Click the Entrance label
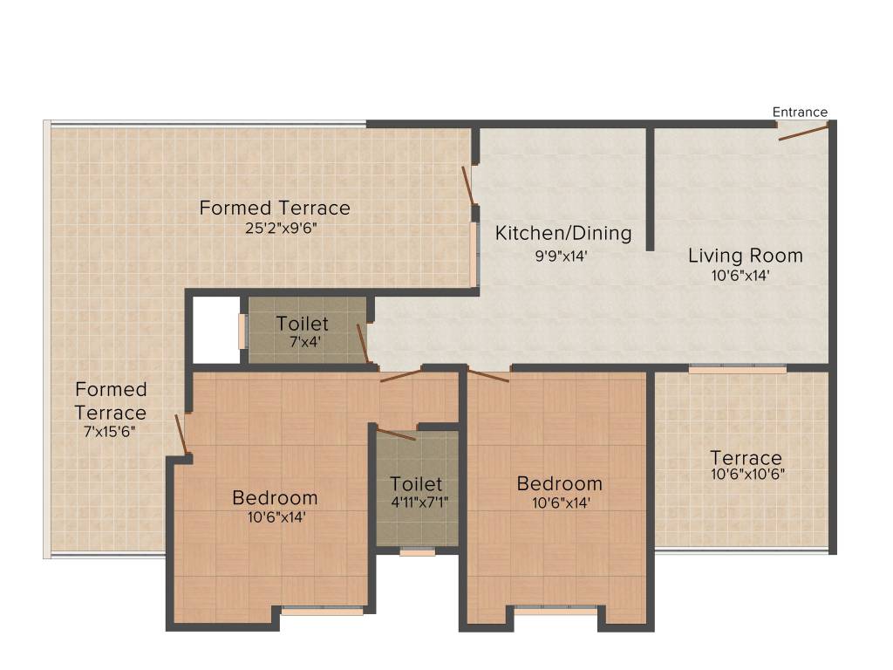pos(800,112)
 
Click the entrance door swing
pos(803,133)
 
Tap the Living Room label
pos(745,256)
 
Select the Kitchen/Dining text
pos(562,233)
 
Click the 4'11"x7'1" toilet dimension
pos(416,502)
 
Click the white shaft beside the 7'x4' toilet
pos(215,330)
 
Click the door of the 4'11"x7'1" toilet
pos(396,434)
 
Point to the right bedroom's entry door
pos(488,376)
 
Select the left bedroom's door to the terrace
pos(182,434)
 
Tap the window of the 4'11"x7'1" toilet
pos(417,551)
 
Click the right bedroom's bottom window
pos(556,610)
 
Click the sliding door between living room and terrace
pos(737,369)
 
